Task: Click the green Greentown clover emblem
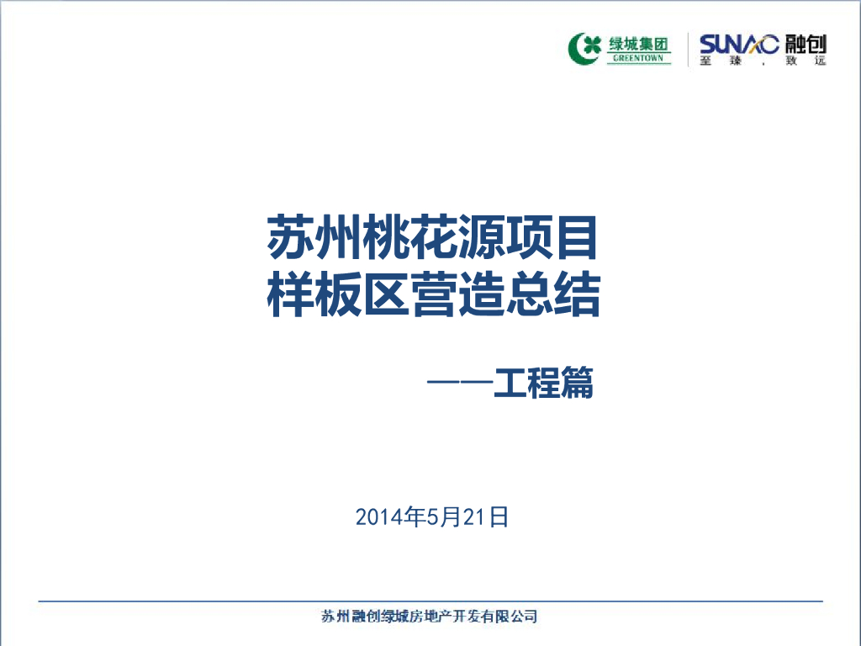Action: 585,47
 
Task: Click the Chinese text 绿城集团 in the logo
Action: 639,42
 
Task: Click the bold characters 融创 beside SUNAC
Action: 806,43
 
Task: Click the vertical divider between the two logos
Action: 688,49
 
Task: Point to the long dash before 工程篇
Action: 459,385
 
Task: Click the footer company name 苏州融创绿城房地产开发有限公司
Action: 430,617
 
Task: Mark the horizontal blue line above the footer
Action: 430,601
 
